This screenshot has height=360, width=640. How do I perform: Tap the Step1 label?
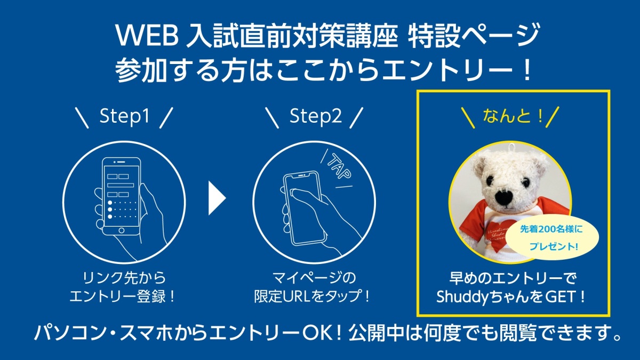[125, 116]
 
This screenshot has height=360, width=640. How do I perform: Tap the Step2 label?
[315, 116]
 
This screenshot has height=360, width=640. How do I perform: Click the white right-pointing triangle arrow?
[217, 198]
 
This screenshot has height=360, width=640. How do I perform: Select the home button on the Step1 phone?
[122, 230]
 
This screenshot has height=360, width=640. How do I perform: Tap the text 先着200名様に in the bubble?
[551, 229]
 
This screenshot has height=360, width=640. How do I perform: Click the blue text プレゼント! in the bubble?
[554, 246]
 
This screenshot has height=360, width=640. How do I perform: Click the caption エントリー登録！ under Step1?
[122, 297]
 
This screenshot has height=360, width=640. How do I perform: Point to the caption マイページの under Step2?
[314, 278]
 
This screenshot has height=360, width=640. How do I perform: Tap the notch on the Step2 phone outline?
[301, 175]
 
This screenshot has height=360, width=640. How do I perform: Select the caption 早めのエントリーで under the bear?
[513, 278]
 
